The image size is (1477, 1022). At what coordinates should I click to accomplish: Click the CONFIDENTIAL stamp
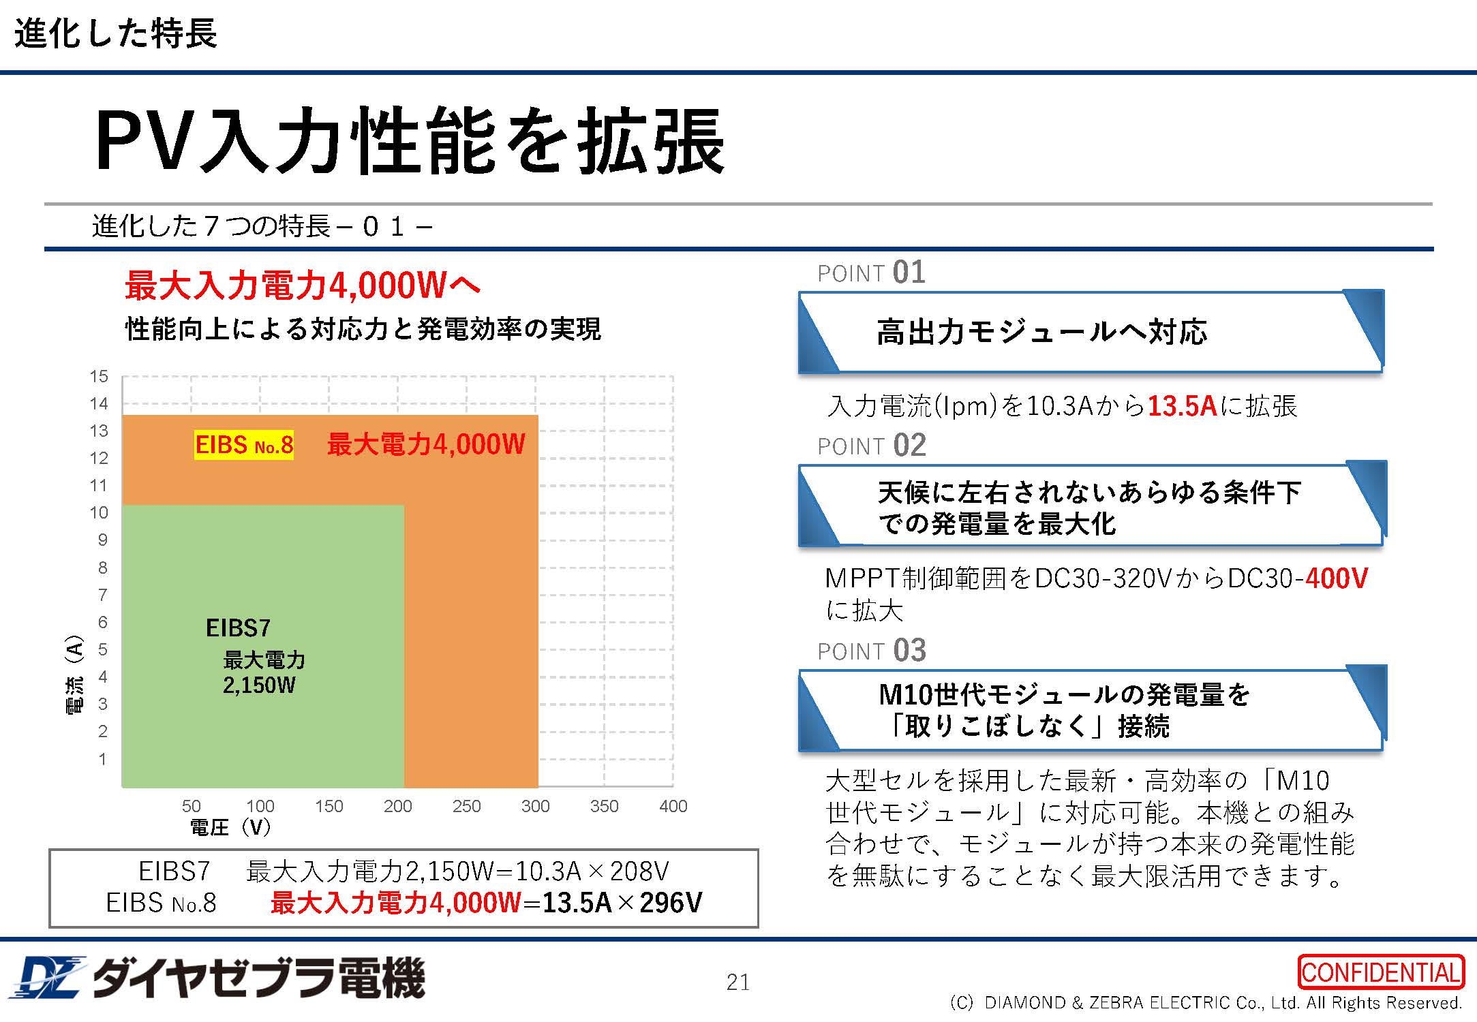1381,972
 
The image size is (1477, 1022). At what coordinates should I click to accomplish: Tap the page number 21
738,982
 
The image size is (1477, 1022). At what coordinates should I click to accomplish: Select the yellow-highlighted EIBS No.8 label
244,445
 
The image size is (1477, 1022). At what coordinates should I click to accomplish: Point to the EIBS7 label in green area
238,628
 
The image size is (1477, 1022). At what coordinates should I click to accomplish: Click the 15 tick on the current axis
99,376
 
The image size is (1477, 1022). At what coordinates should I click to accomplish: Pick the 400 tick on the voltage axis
673,806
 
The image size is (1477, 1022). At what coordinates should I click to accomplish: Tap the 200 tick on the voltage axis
397,806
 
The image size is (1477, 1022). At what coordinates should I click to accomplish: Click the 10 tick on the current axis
99,512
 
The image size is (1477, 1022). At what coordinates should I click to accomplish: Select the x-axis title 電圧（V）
230,827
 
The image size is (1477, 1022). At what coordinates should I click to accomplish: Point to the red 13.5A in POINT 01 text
1182,406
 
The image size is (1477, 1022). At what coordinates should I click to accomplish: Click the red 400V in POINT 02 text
1337,578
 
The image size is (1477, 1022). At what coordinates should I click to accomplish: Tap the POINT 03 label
871,651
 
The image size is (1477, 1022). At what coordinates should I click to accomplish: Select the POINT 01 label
871,273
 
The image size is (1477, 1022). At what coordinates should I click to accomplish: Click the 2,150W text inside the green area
259,685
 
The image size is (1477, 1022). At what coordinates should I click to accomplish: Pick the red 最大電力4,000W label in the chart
426,445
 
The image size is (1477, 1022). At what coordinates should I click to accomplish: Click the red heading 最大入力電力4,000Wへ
303,285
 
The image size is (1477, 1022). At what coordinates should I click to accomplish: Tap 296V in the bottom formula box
671,903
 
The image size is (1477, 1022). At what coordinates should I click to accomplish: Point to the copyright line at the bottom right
1205,1003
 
